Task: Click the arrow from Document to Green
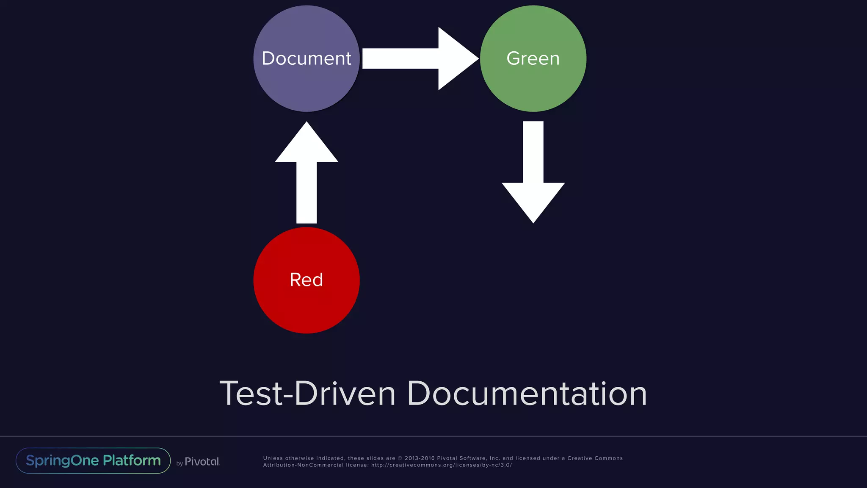pos(419,58)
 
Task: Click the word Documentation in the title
pos(527,394)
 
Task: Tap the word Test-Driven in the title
pos(307,394)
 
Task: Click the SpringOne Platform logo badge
pos(93,460)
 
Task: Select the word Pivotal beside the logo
pos(202,462)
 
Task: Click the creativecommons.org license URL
pos(442,465)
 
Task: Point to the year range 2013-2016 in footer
pos(420,458)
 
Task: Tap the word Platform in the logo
pos(132,460)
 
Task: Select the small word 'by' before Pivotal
pos(179,463)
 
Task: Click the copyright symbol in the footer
pos(400,458)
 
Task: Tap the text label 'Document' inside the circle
pos(306,58)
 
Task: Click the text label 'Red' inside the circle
pos(306,280)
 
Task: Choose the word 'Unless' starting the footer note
pos(273,458)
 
